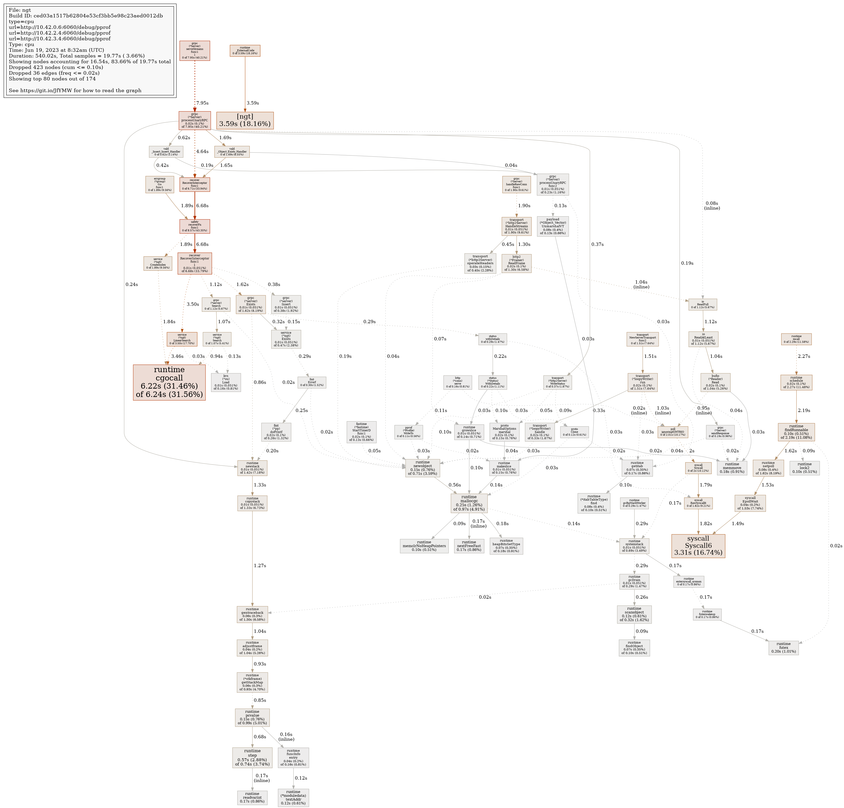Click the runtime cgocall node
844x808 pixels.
[x=169, y=382]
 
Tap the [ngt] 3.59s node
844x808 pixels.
[x=244, y=120]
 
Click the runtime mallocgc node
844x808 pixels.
[x=469, y=503]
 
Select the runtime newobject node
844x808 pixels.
[x=422, y=468]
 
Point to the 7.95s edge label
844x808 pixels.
[x=202, y=103]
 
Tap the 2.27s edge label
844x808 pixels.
[x=803, y=356]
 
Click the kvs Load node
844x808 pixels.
[x=226, y=382]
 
